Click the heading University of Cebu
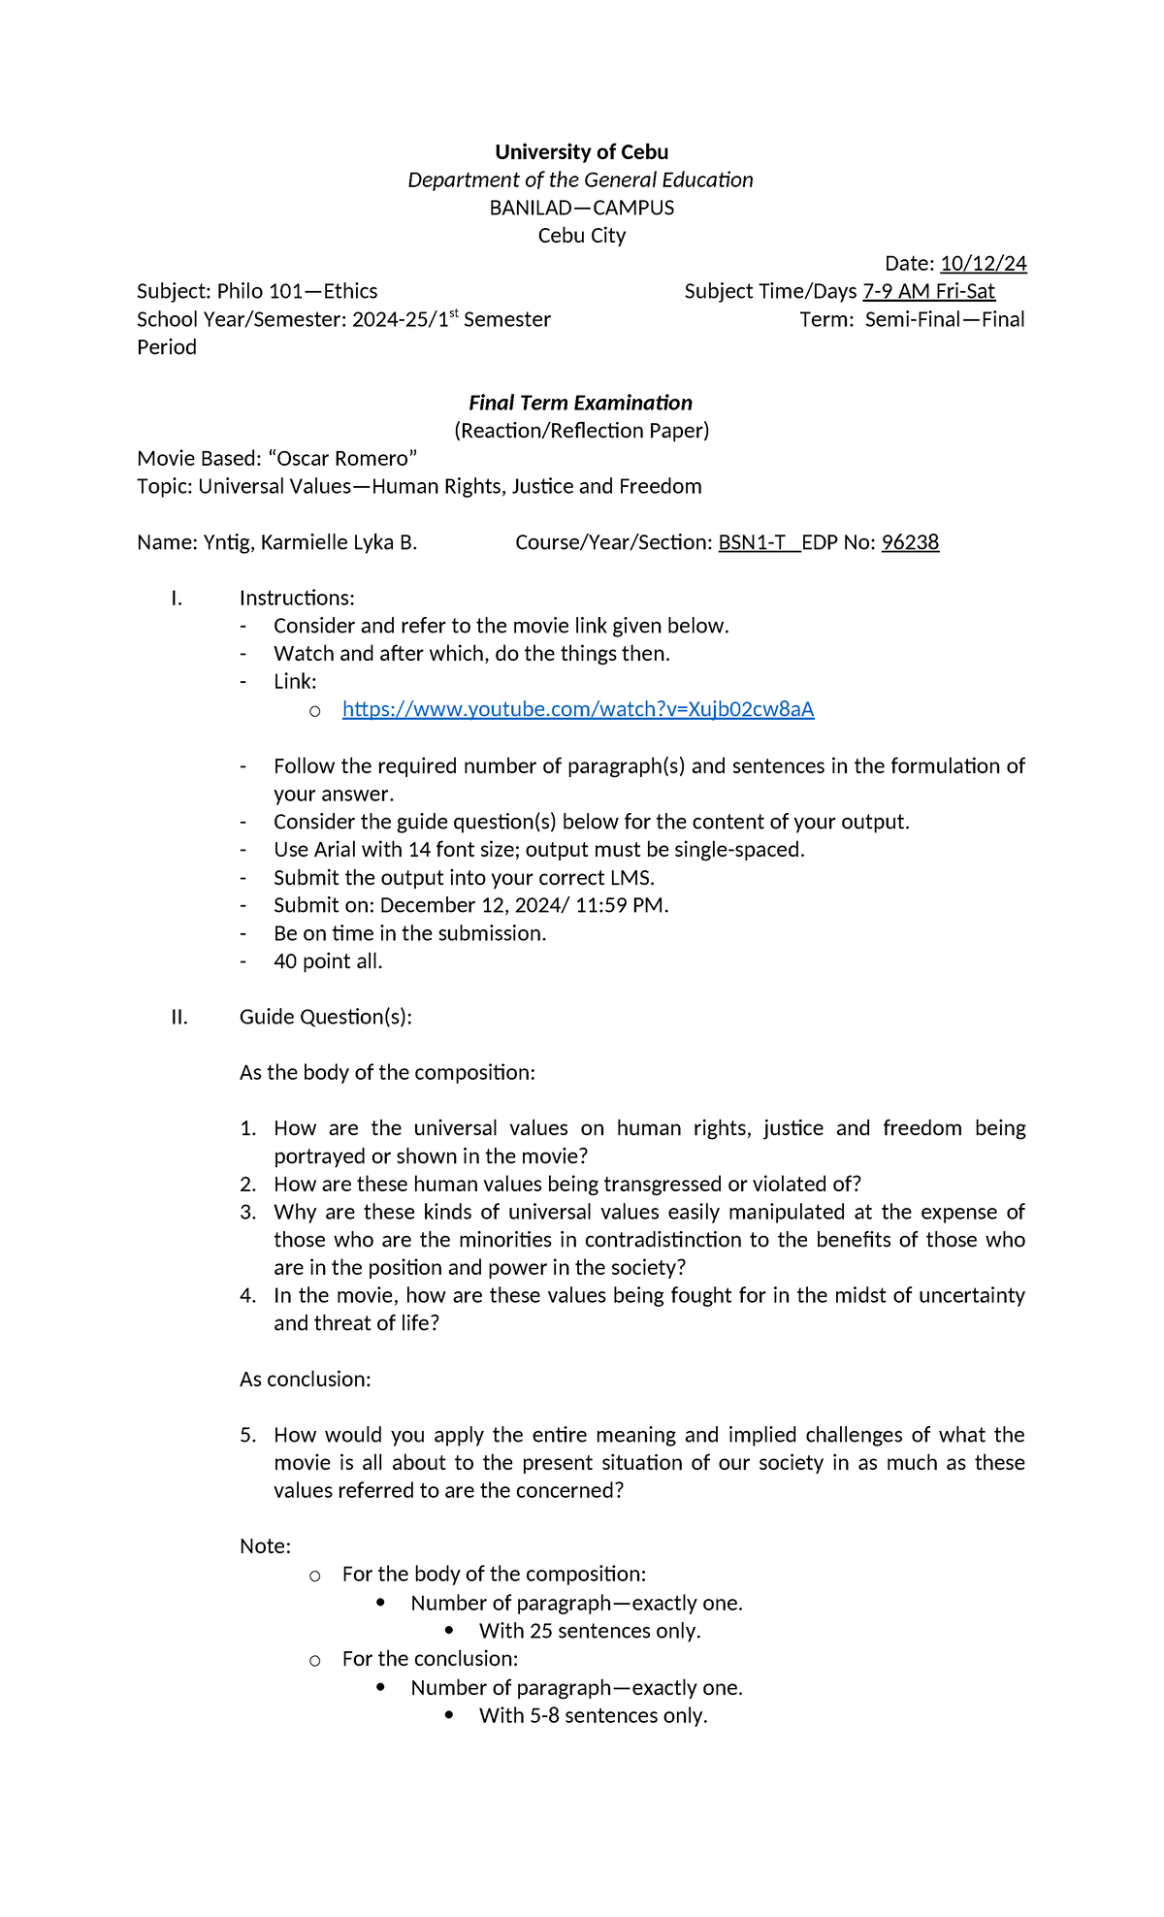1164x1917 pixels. point(581,152)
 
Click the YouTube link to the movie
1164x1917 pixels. point(578,709)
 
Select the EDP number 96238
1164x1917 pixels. point(910,542)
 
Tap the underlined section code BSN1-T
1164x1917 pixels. point(752,542)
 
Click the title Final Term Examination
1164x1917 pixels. point(580,403)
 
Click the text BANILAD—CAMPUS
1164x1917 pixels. point(581,208)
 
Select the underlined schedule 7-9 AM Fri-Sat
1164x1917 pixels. point(928,291)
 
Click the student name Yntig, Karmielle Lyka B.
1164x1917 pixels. point(309,542)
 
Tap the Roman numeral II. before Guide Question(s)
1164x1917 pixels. point(179,1017)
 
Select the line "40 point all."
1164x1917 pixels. point(328,961)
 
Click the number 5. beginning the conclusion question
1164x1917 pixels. point(248,1435)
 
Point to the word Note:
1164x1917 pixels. point(265,1546)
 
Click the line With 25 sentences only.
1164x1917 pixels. point(589,1631)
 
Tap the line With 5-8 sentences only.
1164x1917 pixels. point(593,1715)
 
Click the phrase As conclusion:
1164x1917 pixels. point(305,1380)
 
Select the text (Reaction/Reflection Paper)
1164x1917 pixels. point(581,431)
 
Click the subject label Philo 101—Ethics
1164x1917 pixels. point(297,291)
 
